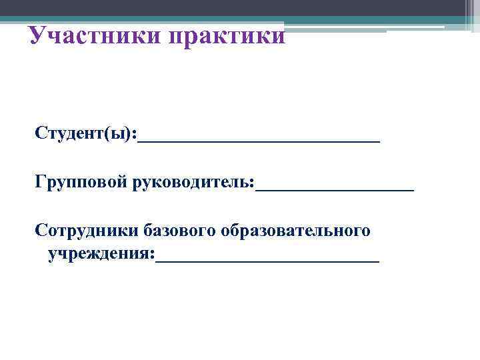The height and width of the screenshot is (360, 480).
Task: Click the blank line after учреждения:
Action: (267, 260)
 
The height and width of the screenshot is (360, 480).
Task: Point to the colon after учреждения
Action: (152, 256)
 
